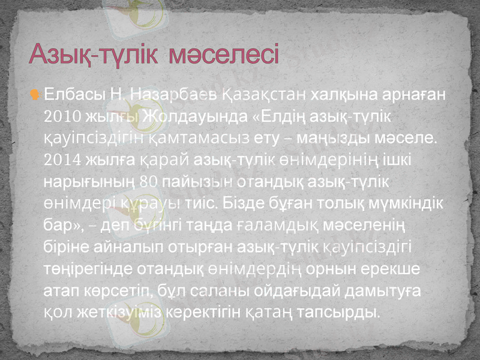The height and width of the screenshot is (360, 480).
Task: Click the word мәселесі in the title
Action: coord(224,55)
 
